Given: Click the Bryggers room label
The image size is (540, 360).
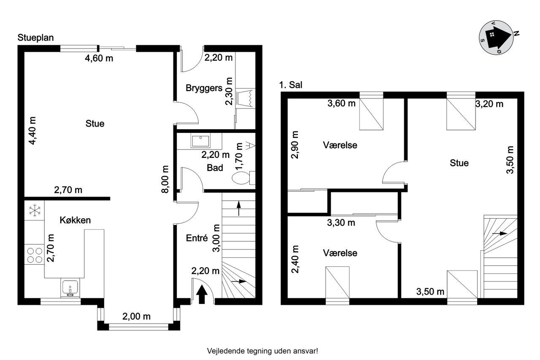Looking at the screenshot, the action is point(204,88).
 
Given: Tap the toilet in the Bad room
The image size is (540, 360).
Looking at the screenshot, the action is point(243,178).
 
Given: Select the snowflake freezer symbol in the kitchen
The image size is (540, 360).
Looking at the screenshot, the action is point(35,210).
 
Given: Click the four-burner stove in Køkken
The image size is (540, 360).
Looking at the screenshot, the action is point(35,255).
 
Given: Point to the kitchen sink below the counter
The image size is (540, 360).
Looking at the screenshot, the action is point(70,288).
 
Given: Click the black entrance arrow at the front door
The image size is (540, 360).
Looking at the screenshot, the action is point(202,294).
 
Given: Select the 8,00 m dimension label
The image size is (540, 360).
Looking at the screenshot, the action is point(165,179).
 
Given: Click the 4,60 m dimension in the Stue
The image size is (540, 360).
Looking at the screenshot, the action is point(99,58).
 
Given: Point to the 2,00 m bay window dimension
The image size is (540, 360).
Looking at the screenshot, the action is point(136,317).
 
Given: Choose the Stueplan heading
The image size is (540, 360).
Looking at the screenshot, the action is point(35,38).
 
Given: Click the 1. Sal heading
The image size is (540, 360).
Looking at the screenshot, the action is point(291,85).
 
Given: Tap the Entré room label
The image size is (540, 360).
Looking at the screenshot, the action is point(197,238).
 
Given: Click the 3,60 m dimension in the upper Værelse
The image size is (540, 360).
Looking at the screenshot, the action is point(341,103).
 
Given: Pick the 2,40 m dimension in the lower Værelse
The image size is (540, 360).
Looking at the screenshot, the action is point(295,259).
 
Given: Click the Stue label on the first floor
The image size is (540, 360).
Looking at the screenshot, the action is point(459,163).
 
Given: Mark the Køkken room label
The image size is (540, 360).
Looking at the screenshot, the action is point(75,220).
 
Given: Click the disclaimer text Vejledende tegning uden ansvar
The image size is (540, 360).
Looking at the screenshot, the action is point(262,351).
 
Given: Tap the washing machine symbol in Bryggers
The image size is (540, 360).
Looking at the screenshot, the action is point(246,98).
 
